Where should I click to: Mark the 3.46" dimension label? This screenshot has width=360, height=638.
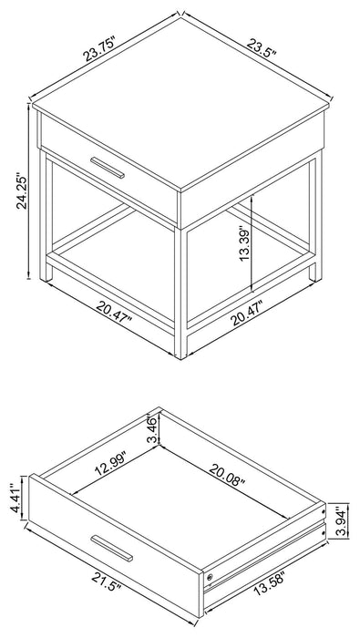151,427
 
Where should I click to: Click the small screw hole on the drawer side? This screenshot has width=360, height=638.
212,576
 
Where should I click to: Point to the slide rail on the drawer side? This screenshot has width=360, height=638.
264,561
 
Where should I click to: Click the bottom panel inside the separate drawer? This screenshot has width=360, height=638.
182,497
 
